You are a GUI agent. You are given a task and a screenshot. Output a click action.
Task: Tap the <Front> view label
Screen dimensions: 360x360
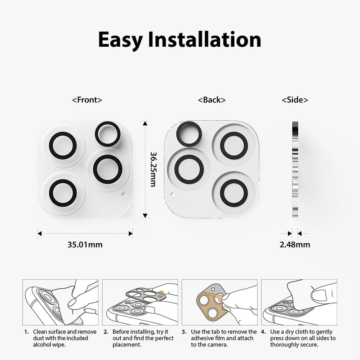click(87, 100)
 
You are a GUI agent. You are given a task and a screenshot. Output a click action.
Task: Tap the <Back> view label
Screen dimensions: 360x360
click(212, 100)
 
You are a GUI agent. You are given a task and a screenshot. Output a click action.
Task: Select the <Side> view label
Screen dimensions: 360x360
click(295, 100)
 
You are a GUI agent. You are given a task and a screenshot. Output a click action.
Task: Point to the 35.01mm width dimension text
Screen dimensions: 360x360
click(85, 245)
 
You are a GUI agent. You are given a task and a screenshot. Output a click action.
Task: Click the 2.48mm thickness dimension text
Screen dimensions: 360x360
click(295, 245)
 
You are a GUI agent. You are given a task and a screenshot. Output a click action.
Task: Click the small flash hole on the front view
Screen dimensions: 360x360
click(124, 193)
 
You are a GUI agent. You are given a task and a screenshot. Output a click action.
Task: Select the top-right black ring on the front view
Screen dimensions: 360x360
click(108, 134)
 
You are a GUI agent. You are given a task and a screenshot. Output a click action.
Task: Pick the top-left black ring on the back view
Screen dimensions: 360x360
click(189, 134)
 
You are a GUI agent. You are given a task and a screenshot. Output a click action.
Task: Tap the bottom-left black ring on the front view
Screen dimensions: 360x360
click(63, 193)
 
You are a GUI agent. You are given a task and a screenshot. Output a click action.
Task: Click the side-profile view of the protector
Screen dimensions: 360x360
click(295, 169)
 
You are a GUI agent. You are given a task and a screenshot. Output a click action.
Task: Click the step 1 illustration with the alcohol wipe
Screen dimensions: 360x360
click(60, 302)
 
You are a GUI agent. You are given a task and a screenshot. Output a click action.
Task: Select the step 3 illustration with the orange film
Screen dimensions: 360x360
click(220, 302)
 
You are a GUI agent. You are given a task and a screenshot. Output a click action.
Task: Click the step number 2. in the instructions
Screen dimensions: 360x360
click(106, 332)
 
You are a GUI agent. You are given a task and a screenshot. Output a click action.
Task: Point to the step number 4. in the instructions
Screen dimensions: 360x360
click(263, 332)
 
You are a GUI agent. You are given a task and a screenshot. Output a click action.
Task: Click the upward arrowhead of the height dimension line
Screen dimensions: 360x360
click(145, 124)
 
